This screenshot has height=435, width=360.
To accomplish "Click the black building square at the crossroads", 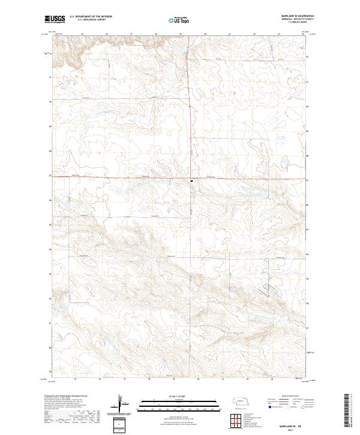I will coord(191,179).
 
